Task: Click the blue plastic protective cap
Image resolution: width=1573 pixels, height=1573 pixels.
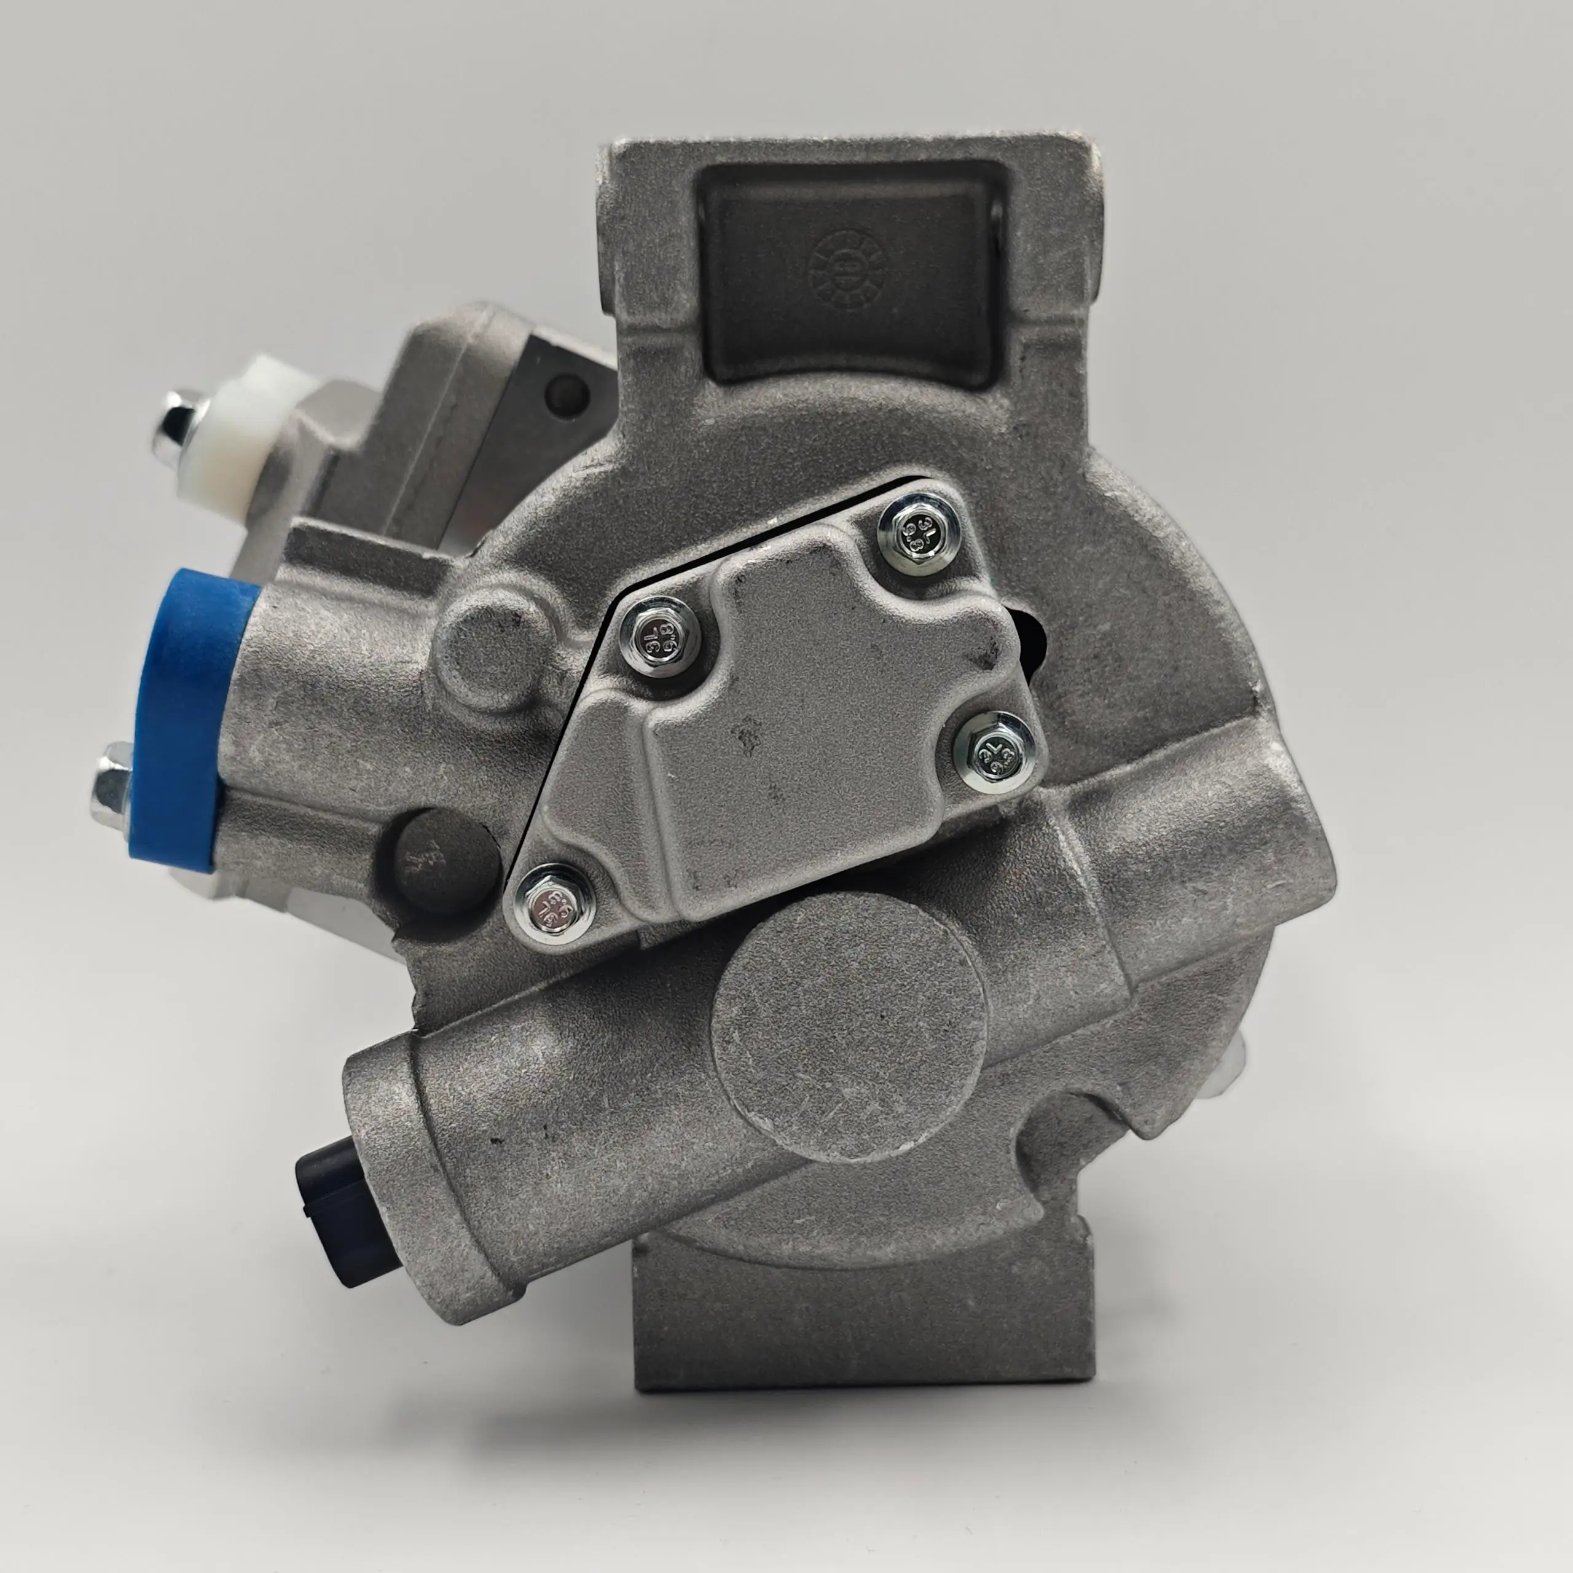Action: [181, 716]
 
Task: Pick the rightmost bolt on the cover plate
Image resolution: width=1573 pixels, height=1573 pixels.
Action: [995, 751]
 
